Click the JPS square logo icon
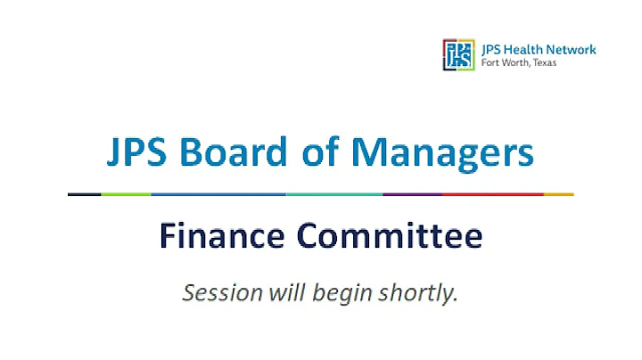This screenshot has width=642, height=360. click(458, 53)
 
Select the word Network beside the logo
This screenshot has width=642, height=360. click(572, 49)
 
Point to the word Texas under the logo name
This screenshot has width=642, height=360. click(539, 62)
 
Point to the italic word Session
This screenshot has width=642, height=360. click(215, 291)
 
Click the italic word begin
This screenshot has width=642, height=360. click(348, 293)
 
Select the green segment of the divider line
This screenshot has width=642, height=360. click(126, 193)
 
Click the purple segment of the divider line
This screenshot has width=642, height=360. click(411, 193)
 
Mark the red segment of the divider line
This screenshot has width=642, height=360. click(492, 193)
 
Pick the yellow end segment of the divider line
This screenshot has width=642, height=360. click(558, 193)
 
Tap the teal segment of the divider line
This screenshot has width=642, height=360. click(334, 193)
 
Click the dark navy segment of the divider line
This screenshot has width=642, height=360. click(85, 193)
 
